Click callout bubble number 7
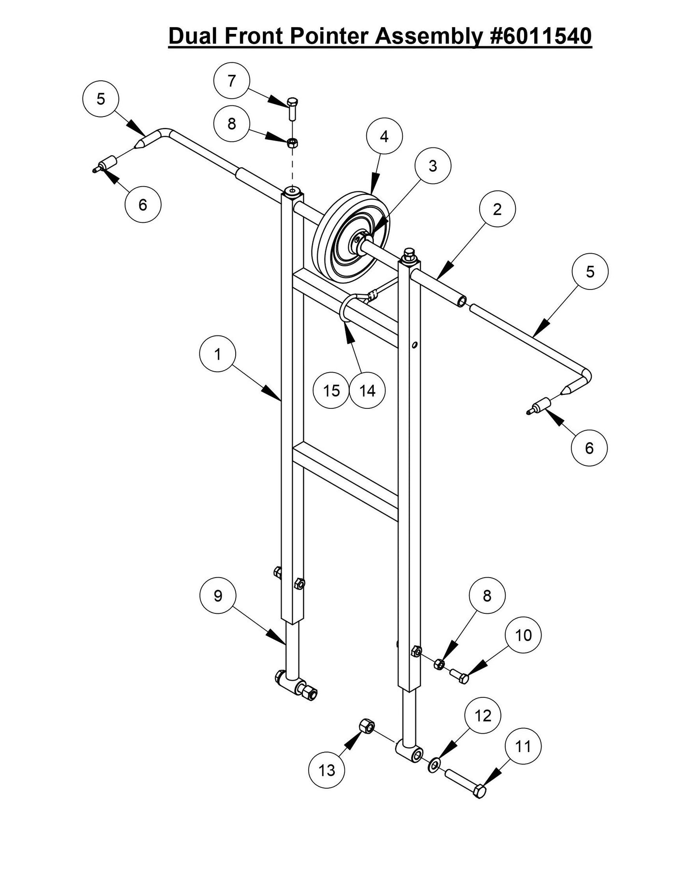(231, 81)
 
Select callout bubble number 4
(384, 137)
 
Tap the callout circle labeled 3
(432, 166)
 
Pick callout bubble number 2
(497, 209)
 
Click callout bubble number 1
(217, 354)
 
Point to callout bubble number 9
(217, 596)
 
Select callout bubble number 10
(523, 635)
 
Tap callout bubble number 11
(523, 747)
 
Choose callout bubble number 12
(483, 716)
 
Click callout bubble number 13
(327, 770)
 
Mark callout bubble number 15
(331, 391)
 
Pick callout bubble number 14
(368, 391)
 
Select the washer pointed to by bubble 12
(434, 764)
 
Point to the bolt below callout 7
(293, 108)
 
